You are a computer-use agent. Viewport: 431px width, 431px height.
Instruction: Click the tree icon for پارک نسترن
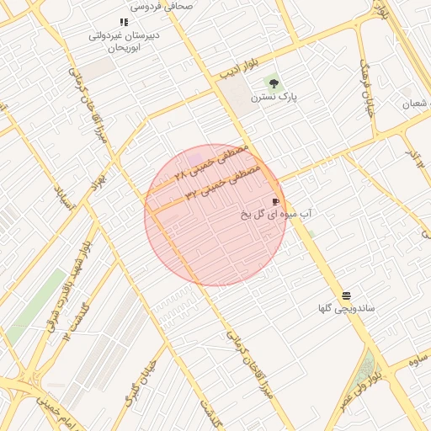pyautogui.click(x=272, y=82)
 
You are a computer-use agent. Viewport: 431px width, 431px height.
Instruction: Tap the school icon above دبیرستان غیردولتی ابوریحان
pyautogui.click(x=124, y=23)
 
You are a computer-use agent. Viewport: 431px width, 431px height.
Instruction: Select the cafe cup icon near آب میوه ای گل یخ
pyautogui.click(x=275, y=202)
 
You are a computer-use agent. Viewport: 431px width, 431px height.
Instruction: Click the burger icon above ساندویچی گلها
pyautogui.click(x=347, y=295)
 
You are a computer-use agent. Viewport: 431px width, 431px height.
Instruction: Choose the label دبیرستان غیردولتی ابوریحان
pyautogui.click(x=124, y=42)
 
